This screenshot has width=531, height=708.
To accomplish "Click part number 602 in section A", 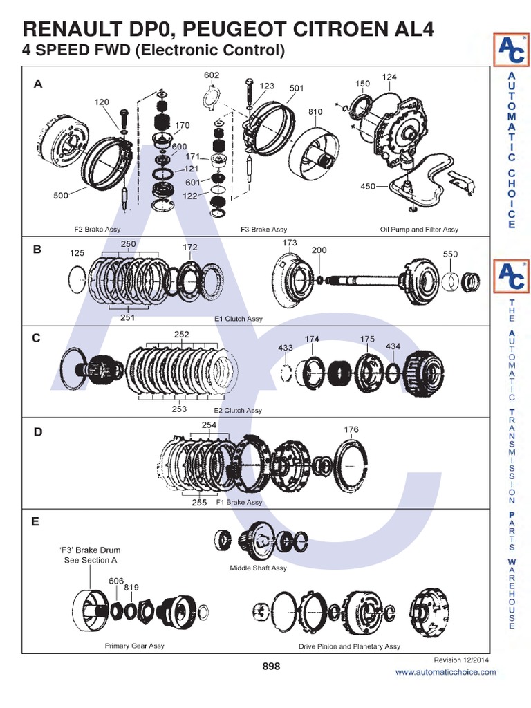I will click(212, 75).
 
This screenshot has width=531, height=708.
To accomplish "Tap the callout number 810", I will click(316, 112).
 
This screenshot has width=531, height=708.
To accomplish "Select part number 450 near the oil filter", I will click(368, 187).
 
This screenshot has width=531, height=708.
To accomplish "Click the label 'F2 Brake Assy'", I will click(97, 229).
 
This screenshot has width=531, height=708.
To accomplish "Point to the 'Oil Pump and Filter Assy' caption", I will click(419, 229).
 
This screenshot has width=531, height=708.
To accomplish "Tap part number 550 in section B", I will click(450, 254).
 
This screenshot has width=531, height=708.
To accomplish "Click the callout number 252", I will click(181, 334).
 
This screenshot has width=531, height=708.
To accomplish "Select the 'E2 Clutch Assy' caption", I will click(238, 411).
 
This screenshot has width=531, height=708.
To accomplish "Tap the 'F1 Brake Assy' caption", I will click(239, 503).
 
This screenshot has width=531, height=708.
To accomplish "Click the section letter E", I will click(35, 522).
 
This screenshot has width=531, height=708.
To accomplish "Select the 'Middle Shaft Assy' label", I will click(258, 568).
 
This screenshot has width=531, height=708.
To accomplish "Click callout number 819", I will click(131, 588).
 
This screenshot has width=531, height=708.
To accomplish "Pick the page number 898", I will click(271, 667).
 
